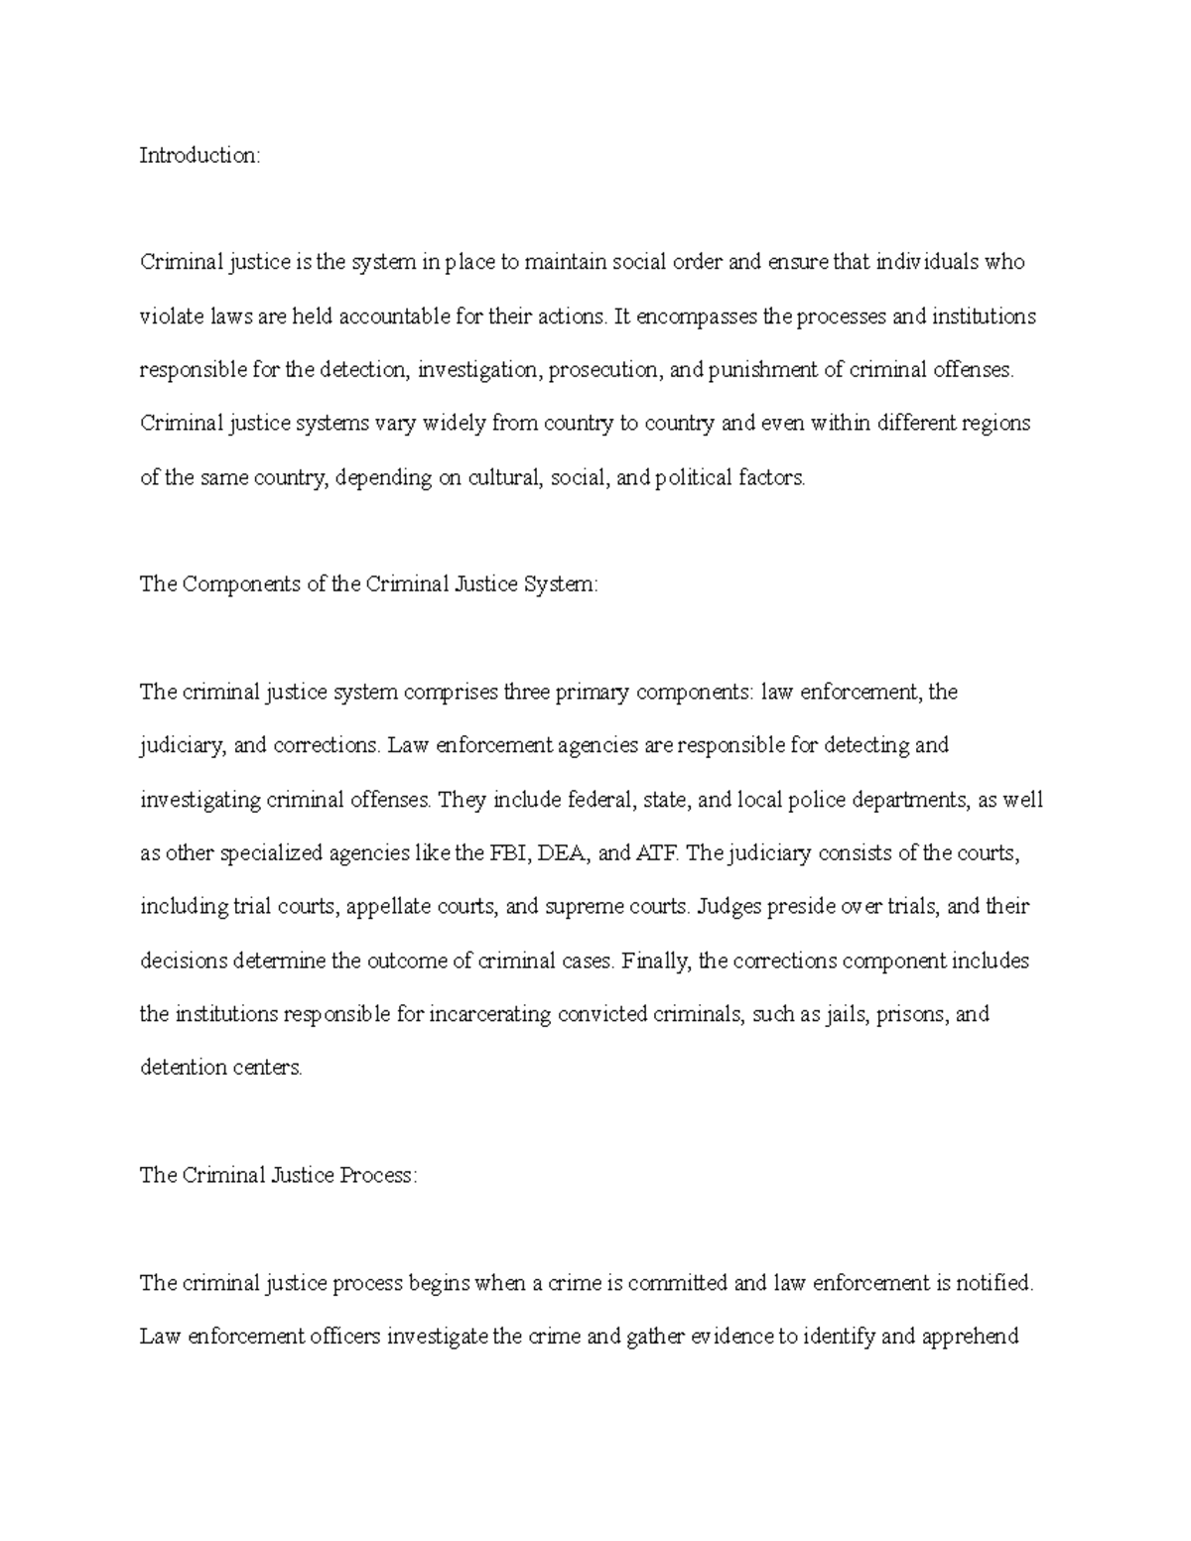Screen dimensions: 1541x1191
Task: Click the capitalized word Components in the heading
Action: tap(241, 584)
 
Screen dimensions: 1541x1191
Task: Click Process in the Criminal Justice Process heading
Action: tap(379, 1175)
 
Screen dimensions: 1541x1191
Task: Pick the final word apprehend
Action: tap(970, 1337)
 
